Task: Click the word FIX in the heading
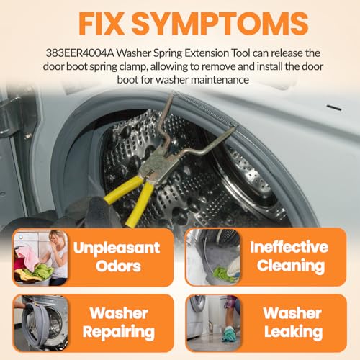101,24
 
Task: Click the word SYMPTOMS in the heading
220,24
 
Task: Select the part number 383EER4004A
80,53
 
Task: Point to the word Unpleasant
117,248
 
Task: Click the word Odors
118,266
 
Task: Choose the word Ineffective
289,247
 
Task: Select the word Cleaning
291,266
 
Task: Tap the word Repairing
119,333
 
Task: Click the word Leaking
293,332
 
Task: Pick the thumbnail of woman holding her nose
40,258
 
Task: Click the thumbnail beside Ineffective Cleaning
213,257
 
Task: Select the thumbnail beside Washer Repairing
40,323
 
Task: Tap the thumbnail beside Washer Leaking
213,323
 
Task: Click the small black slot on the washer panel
334,107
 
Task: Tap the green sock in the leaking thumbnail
228,333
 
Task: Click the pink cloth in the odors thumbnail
27,258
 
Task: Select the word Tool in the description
240,53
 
